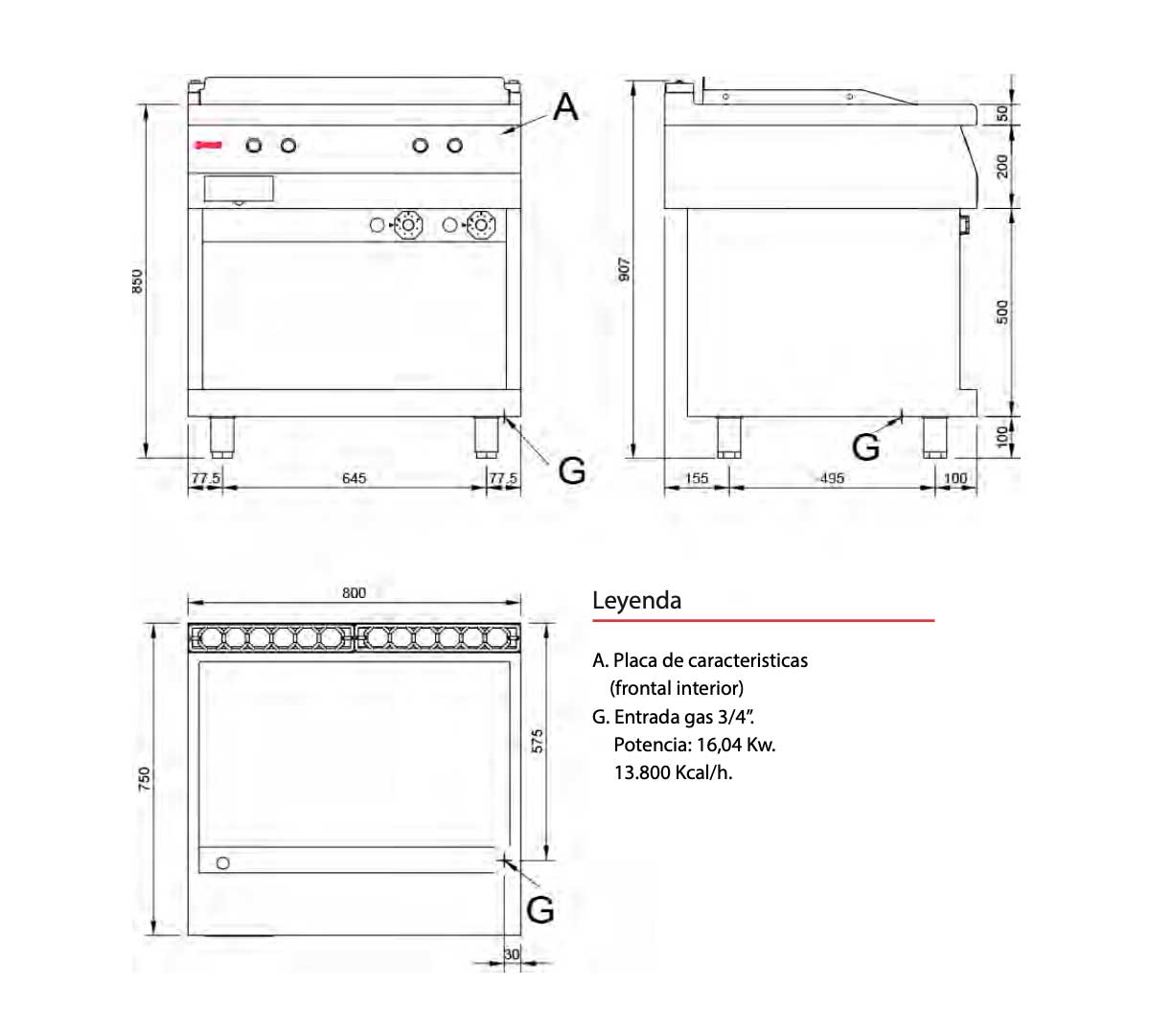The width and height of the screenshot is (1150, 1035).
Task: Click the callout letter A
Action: click(x=565, y=107)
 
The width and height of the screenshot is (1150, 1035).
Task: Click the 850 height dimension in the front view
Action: click(x=138, y=281)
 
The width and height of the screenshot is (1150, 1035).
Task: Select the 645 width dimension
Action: click(x=354, y=477)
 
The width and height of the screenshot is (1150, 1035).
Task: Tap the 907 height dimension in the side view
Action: click(x=624, y=269)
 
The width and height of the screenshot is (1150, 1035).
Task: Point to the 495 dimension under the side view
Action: click(x=831, y=477)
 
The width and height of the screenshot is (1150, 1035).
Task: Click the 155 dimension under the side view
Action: click(x=697, y=477)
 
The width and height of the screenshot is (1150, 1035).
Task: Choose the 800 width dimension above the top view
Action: click(x=354, y=592)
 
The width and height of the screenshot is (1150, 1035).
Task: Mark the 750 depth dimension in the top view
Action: click(x=145, y=778)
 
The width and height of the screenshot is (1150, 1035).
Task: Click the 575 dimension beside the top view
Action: click(x=538, y=741)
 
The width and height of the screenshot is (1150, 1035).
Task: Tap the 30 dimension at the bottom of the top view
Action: click(x=512, y=954)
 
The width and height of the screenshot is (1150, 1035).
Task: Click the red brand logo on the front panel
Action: click(x=208, y=145)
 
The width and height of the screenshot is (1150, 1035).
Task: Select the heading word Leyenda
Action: click(x=636, y=601)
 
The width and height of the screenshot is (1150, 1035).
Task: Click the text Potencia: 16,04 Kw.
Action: click(x=694, y=745)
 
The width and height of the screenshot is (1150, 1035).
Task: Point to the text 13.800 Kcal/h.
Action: click(x=673, y=772)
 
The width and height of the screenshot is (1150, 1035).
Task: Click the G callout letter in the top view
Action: click(x=540, y=909)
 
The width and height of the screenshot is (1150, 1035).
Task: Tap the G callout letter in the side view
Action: click(x=865, y=447)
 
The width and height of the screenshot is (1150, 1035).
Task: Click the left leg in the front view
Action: click(x=223, y=437)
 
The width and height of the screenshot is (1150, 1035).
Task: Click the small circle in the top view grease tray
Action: click(x=223, y=862)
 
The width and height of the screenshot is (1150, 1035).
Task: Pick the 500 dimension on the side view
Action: click(x=1002, y=312)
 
